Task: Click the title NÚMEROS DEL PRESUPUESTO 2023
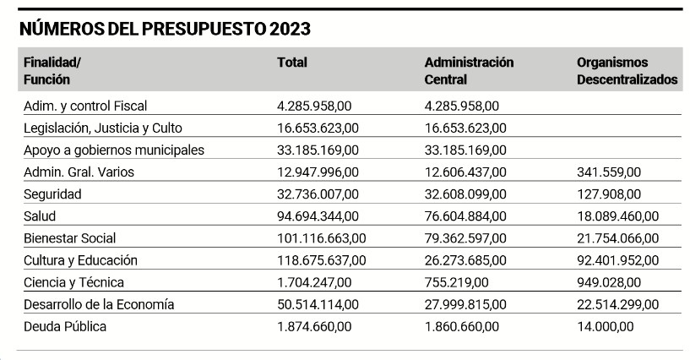166,29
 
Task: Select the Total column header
292,63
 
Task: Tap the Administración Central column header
469,71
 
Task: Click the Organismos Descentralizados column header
627,71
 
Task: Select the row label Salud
41,216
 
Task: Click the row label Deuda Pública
65,326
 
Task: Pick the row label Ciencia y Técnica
74,282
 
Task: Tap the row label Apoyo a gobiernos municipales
114,150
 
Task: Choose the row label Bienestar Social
70,238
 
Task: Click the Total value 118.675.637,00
322,260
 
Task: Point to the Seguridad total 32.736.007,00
318,194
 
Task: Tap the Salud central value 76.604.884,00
465,216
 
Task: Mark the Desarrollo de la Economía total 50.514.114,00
318,304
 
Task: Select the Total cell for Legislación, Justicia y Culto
318,128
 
